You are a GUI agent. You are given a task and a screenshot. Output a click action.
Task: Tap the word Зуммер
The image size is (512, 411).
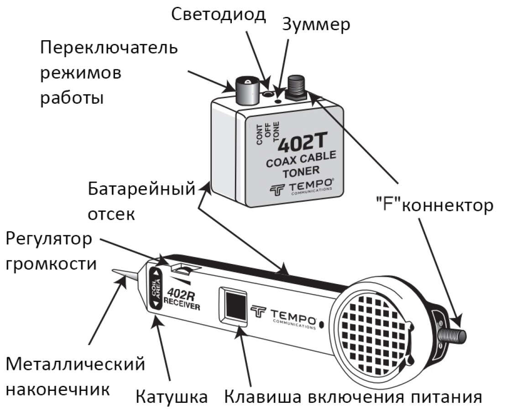click(316, 25)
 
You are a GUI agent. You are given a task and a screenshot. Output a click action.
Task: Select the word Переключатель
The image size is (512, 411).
click(109, 48)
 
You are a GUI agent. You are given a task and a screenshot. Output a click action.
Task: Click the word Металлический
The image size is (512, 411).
click(75, 364)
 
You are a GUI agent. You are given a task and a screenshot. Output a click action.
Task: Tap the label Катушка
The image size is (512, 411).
click(172, 396)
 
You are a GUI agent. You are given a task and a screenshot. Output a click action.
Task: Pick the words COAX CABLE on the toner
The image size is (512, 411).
click(301, 159)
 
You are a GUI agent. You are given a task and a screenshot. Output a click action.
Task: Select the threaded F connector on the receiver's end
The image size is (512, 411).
click(453, 336)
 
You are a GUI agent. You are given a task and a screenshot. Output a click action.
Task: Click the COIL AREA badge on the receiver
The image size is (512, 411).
click(156, 288)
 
